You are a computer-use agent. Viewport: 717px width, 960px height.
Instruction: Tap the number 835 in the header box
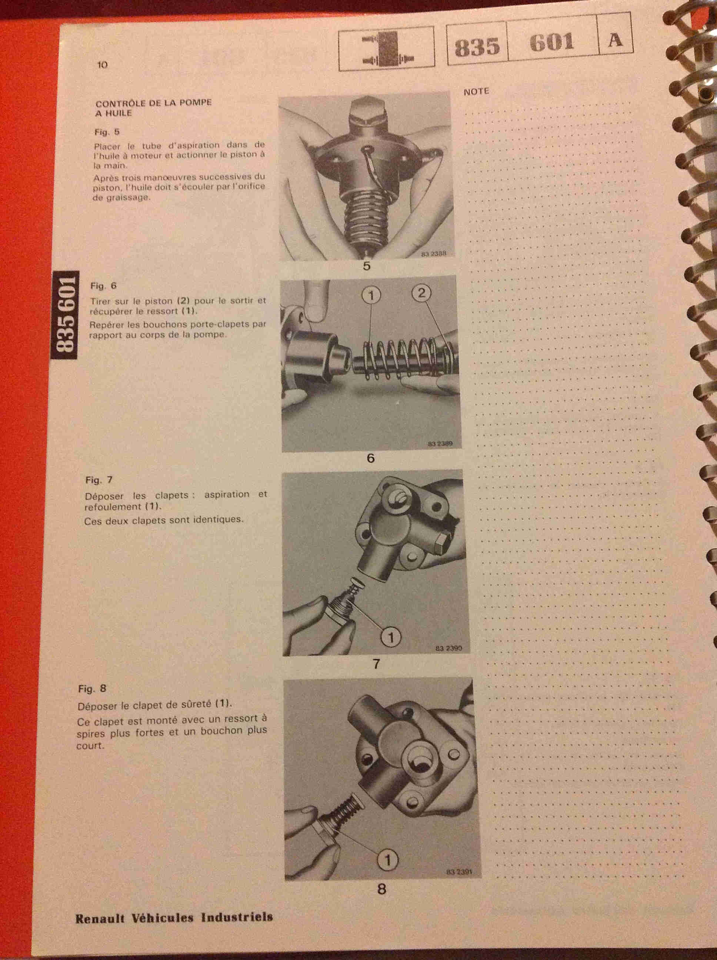[x=477, y=46]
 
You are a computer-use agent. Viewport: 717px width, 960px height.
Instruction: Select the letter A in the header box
[x=615, y=40]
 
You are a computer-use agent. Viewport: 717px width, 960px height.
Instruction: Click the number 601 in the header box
[x=552, y=43]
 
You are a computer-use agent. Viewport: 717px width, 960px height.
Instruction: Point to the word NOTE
[x=476, y=91]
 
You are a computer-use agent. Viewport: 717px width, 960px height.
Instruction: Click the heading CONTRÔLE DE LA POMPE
[x=154, y=103]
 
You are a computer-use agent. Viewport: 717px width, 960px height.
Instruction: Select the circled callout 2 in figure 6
[x=421, y=293]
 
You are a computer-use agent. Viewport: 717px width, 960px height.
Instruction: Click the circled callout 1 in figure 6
[x=371, y=296]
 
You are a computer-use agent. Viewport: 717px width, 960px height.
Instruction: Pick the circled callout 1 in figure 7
[x=391, y=637]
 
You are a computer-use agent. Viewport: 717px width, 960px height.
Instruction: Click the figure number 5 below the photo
[x=366, y=266]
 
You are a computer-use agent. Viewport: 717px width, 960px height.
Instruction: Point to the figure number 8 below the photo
[x=381, y=889]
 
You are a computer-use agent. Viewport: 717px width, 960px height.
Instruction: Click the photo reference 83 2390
[x=449, y=648]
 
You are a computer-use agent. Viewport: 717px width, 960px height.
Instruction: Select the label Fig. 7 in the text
[x=99, y=480]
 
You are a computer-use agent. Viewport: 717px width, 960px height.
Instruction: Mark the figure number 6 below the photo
[x=370, y=458]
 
